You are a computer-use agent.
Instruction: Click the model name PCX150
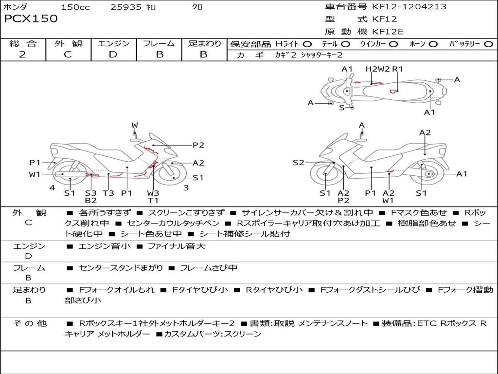point(31,19)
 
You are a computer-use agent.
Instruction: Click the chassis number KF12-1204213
point(409,7)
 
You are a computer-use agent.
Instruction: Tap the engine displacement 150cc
point(75,7)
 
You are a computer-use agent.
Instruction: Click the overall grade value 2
point(22,54)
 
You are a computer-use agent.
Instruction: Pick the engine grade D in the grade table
point(113,54)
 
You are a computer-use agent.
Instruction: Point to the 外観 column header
point(68,43)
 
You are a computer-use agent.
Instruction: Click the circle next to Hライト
point(307,44)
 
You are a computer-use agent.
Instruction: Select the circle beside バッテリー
point(489,44)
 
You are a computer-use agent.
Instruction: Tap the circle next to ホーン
point(433,44)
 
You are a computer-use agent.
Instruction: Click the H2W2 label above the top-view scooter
point(378,69)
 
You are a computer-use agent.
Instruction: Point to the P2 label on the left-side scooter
point(198,145)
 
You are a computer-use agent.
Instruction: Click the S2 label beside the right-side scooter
point(298,163)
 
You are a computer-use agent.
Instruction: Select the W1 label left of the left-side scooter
point(34,174)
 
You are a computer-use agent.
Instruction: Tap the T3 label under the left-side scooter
point(108,193)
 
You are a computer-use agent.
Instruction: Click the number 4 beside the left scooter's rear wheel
point(52,187)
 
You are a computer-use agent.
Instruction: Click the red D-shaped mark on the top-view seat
point(393,91)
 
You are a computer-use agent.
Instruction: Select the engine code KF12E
point(388,32)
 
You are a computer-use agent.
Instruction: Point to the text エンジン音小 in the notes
point(104,246)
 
